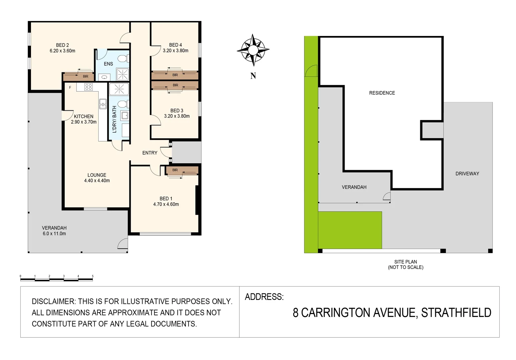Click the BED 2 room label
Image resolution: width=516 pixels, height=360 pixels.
tap(62, 45)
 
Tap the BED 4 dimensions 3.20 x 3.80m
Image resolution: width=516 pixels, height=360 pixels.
tap(175, 51)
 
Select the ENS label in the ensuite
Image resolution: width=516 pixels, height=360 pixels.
tap(108, 64)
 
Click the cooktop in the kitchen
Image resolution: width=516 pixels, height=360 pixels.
tap(88, 87)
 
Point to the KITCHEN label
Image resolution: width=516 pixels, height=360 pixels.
tap(84, 116)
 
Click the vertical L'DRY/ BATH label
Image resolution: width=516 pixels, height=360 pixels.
tap(114, 119)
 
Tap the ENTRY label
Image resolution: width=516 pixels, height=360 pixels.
tap(150, 153)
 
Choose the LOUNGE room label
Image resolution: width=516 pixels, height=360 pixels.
tap(97, 175)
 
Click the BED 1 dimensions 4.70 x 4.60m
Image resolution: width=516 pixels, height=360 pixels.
tap(166, 204)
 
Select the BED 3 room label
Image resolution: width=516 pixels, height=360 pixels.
tap(177, 110)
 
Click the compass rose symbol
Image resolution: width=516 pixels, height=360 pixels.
tap(253, 50)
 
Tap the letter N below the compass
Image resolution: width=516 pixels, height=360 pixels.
tap(253, 76)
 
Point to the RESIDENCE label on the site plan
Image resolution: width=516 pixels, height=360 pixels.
tap(382, 93)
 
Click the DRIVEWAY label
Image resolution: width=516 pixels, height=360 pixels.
tap(467, 174)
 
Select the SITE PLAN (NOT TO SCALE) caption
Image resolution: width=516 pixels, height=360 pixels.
tap(406, 264)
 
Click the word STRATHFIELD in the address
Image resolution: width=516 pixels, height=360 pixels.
tap(456, 313)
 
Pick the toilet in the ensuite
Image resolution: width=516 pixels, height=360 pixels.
tap(122, 59)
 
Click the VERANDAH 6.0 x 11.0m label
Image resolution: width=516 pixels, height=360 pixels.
tap(54, 231)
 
